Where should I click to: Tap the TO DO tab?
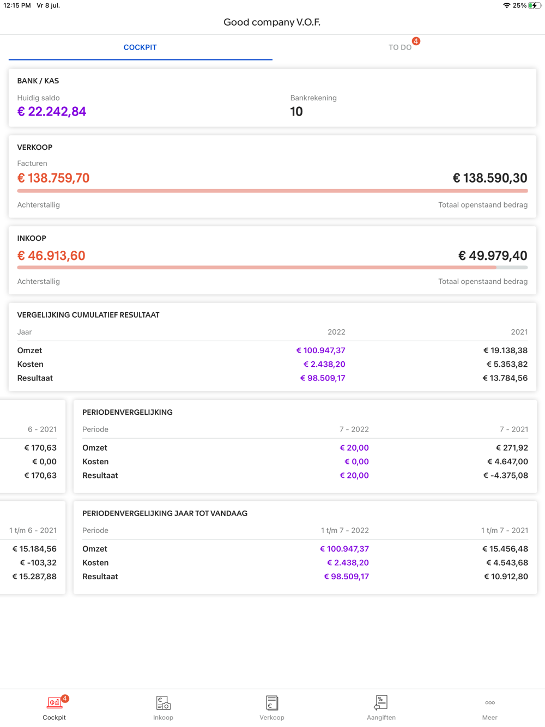pyautogui.click(x=400, y=47)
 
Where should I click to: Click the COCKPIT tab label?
pyautogui.click(x=140, y=47)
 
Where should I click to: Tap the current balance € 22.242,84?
pyautogui.click(x=52, y=112)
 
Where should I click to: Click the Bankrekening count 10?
pyautogui.click(x=296, y=112)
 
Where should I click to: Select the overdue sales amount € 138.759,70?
pyautogui.click(x=53, y=178)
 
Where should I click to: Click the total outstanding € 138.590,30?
pyautogui.click(x=490, y=178)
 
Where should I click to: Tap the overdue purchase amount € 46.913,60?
pyautogui.click(x=51, y=256)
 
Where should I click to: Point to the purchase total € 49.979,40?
pyautogui.click(x=493, y=256)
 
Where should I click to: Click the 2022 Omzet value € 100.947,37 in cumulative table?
pyautogui.click(x=321, y=350)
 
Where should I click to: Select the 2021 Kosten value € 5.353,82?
pyautogui.click(x=507, y=364)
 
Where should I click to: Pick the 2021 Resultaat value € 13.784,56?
pyautogui.click(x=505, y=378)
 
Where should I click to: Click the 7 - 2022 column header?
pyautogui.click(x=354, y=429)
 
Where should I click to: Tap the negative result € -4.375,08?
pyautogui.click(x=506, y=475)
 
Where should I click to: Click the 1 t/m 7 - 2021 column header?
pyautogui.click(x=504, y=530)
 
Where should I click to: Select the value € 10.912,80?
pyautogui.click(x=506, y=577)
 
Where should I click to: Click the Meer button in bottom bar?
pyautogui.click(x=490, y=707)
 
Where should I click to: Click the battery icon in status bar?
pyautogui.click(x=534, y=5)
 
